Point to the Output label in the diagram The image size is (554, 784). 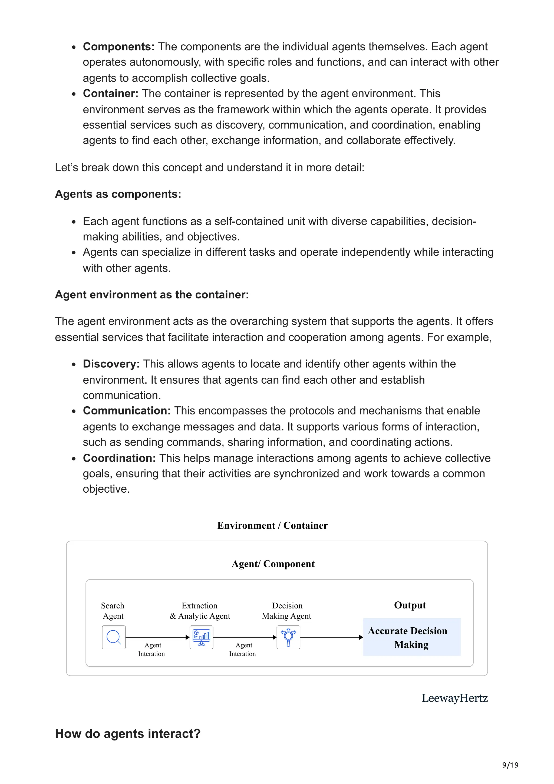(x=410, y=605)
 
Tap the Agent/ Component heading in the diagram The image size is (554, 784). (x=273, y=564)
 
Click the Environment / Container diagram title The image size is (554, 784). (x=272, y=526)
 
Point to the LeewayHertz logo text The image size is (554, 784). (x=454, y=698)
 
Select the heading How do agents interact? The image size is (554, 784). (x=128, y=733)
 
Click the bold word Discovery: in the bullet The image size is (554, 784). (x=111, y=364)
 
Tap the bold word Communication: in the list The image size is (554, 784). (x=127, y=411)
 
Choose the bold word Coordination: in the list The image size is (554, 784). (x=119, y=458)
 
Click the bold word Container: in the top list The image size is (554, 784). (x=110, y=94)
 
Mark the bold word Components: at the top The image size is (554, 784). (x=118, y=47)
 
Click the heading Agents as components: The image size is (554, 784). (x=118, y=194)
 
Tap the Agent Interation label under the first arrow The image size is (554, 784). (x=151, y=650)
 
